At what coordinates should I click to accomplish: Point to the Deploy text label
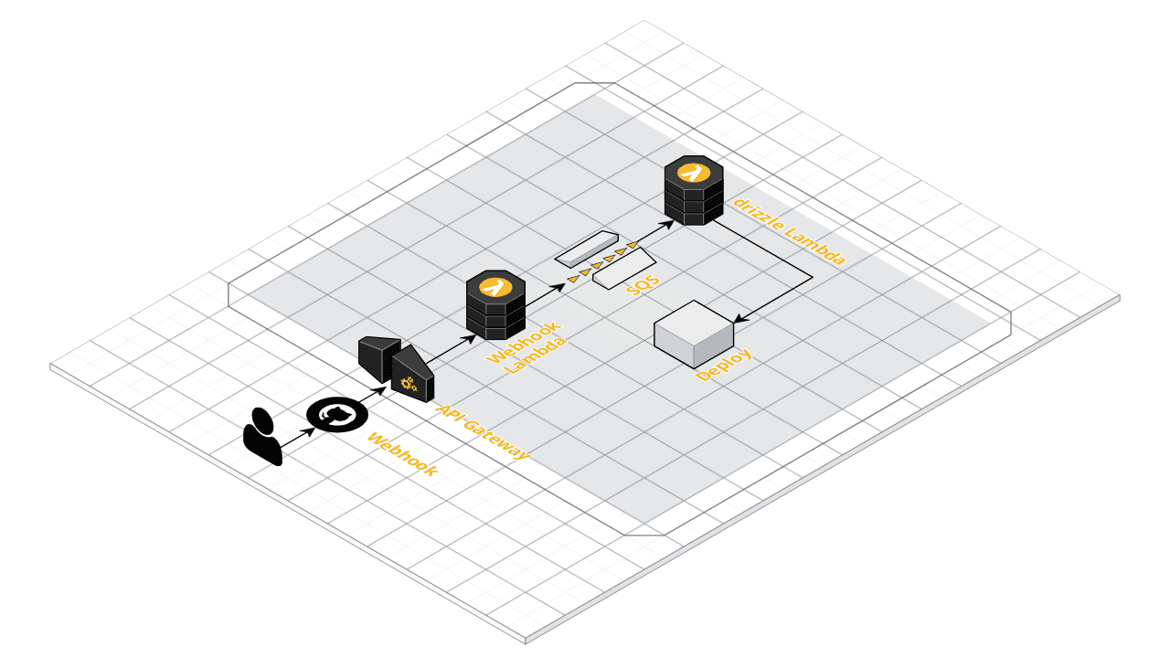[x=724, y=365]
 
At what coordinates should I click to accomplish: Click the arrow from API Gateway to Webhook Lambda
[x=452, y=348]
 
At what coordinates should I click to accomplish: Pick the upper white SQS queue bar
[x=586, y=247]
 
